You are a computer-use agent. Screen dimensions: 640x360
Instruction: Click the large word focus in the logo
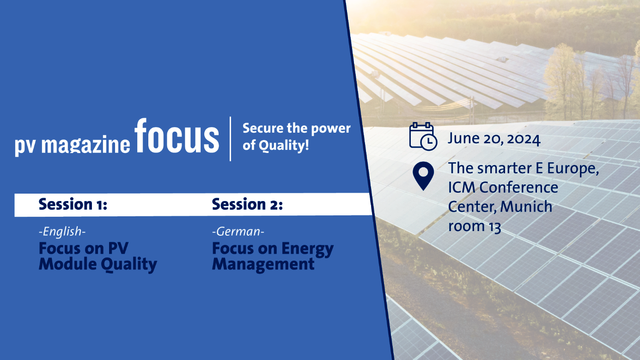coord(177,136)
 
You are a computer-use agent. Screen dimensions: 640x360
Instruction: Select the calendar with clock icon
coord(423,136)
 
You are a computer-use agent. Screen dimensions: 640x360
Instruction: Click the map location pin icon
coord(423,176)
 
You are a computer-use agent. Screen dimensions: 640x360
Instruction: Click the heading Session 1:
coord(73,204)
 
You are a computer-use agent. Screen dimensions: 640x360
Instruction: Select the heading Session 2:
coord(247,204)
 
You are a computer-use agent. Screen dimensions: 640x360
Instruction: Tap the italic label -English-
coord(62,232)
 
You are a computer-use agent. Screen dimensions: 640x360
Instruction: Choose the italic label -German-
coord(238,232)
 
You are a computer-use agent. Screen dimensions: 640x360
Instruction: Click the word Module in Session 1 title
coord(68,264)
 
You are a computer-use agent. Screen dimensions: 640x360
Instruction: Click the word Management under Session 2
coord(263,265)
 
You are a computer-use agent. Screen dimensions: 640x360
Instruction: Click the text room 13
coord(475,226)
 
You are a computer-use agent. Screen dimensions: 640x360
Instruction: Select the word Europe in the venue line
coord(573,168)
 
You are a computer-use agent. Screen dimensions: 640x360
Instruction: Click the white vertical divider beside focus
coord(230,139)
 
